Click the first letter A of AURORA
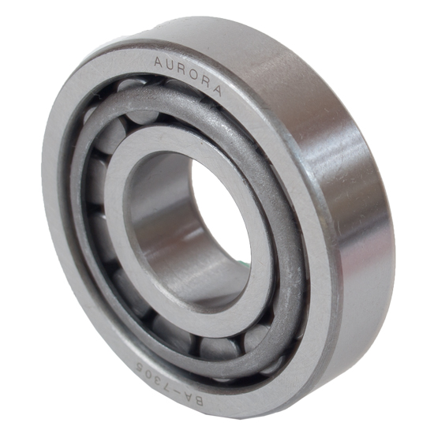158,62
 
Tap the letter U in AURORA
170,65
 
